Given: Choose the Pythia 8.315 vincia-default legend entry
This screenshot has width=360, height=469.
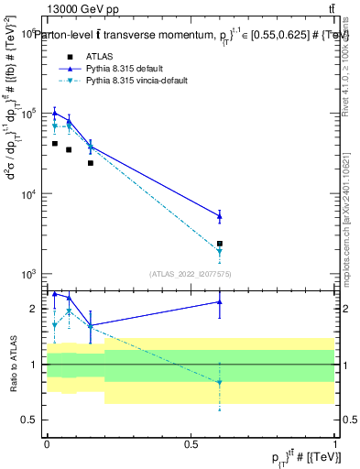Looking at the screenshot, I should [x=138, y=81].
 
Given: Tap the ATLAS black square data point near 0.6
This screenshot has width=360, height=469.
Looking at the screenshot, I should [x=220, y=244].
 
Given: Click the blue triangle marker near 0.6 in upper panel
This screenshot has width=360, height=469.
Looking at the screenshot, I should [x=220, y=216].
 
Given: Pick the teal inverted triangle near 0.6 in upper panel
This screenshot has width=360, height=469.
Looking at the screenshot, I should [x=220, y=252].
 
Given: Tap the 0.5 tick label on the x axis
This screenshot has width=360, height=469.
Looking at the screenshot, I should [x=191, y=442].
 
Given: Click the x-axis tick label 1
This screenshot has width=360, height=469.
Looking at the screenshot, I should [x=334, y=442].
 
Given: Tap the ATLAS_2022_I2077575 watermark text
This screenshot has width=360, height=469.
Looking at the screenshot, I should [x=191, y=273].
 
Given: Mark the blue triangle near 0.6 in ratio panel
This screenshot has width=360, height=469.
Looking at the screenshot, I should [x=220, y=301].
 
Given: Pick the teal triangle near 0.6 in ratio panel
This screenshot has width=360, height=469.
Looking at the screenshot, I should [x=220, y=383].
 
